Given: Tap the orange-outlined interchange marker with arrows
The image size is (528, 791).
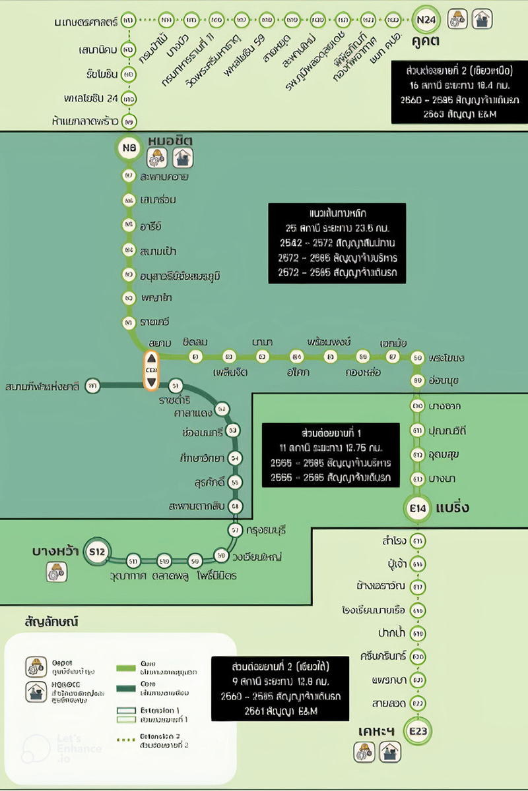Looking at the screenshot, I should point(151,370).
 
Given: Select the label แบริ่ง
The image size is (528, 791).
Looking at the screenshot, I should point(453,508).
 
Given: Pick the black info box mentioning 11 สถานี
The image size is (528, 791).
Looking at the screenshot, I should point(331,455).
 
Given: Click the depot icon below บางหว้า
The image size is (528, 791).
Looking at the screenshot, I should point(55,571).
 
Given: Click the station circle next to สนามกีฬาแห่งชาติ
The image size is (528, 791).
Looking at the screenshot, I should point(92,386).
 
